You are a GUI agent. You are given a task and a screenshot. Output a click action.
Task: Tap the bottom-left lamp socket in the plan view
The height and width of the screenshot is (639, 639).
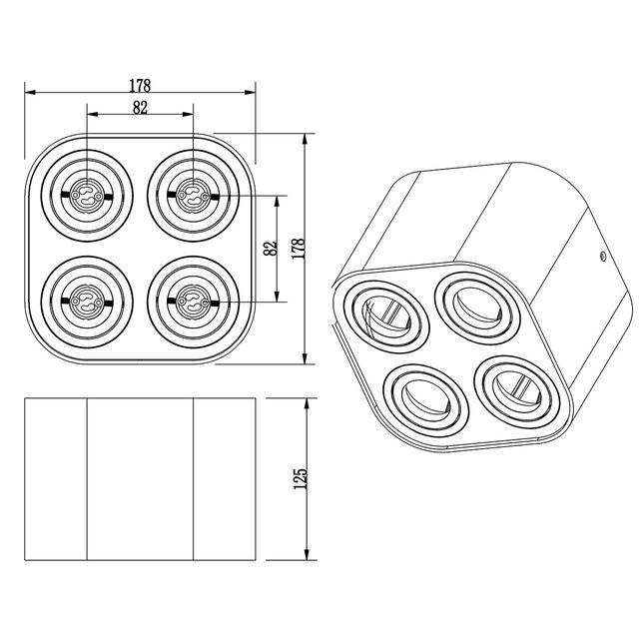point(87,298)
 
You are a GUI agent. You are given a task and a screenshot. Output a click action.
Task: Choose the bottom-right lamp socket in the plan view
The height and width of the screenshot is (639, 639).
point(192,298)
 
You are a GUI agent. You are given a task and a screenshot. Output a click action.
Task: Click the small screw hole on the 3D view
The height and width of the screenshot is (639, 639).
point(603,256)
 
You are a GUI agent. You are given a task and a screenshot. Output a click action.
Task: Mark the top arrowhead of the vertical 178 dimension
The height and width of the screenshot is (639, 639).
point(306,136)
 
